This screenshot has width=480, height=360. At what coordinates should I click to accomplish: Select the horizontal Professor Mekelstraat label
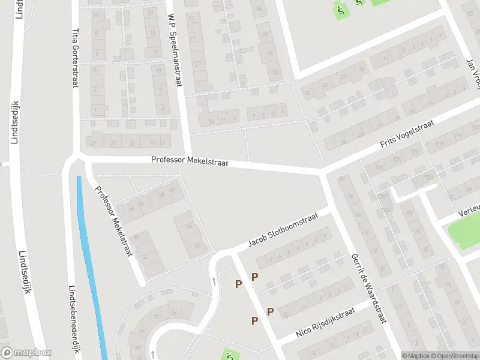189,160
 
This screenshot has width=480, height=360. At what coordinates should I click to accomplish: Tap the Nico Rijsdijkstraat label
325,323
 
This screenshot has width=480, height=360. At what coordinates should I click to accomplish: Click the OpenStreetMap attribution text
455,356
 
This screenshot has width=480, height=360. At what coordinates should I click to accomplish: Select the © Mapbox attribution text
415,356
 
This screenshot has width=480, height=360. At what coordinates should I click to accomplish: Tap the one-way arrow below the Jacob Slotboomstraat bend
214,280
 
